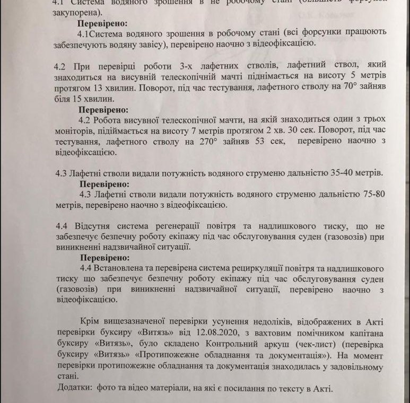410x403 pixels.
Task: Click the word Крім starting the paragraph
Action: coord(89,322)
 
